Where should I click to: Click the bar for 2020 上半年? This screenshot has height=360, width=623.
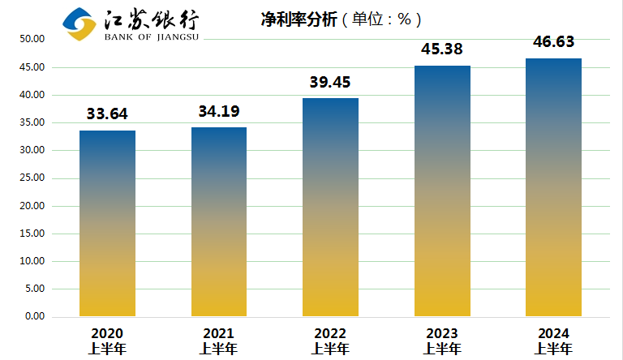point(107,223)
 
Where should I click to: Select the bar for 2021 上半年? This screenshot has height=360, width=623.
point(219,221)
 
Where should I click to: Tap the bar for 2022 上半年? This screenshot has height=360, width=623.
point(330,207)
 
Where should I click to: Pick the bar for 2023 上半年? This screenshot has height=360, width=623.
point(442,191)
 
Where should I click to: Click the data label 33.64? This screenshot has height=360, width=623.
point(107,114)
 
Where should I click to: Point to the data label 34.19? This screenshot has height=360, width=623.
point(219,111)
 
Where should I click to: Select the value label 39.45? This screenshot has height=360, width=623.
point(330,82)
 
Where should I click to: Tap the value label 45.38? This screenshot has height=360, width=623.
point(442,49)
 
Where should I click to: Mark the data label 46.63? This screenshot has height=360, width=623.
point(553,42)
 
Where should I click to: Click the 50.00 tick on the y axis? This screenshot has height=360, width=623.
point(32,39)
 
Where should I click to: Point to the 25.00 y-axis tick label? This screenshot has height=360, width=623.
point(32,178)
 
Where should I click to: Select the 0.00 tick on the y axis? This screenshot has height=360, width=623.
point(34,316)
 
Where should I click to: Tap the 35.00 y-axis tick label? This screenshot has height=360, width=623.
point(32,122)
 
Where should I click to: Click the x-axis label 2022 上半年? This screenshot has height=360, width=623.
point(330,341)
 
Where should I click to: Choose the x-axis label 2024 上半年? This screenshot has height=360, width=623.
point(553,341)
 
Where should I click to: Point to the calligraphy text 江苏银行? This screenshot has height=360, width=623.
point(151,18)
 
